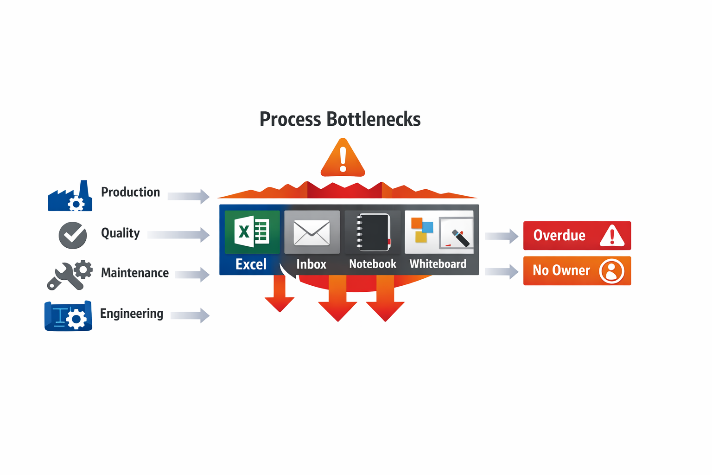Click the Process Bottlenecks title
pos(340,119)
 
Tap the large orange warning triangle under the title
pos(343,159)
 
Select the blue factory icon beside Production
pos(70,196)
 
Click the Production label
pos(130,192)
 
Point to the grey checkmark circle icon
pos(73,235)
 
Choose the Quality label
pos(120,233)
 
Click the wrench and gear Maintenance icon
pos(70,275)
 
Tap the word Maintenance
pos(134,273)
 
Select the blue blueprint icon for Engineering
pos(68,316)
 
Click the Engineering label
pos(132,314)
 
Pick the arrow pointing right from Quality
pos(178,235)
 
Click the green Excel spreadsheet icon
pos(252,231)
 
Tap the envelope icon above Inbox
pos(311,232)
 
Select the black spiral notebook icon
pos(373,232)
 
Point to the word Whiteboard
pos(438,264)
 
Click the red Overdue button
pos(577,236)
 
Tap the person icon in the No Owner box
pos(611,271)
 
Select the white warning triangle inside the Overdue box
pos(612,236)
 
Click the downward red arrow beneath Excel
pos(280,295)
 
